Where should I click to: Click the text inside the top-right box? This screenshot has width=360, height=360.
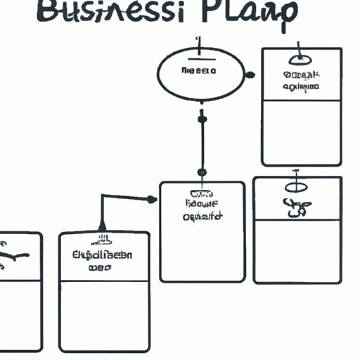pos(301,80)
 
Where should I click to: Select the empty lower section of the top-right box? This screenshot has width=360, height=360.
pos(301,132)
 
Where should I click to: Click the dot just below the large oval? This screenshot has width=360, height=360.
pos(202,120)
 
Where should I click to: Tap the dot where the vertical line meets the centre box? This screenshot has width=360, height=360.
pos(202,172)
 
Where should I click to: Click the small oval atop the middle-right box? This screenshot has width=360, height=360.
pos(297,187)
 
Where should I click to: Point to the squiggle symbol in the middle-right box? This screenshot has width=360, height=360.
pos(295,207)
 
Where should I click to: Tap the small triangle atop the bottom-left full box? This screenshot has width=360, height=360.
pos(103,226)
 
